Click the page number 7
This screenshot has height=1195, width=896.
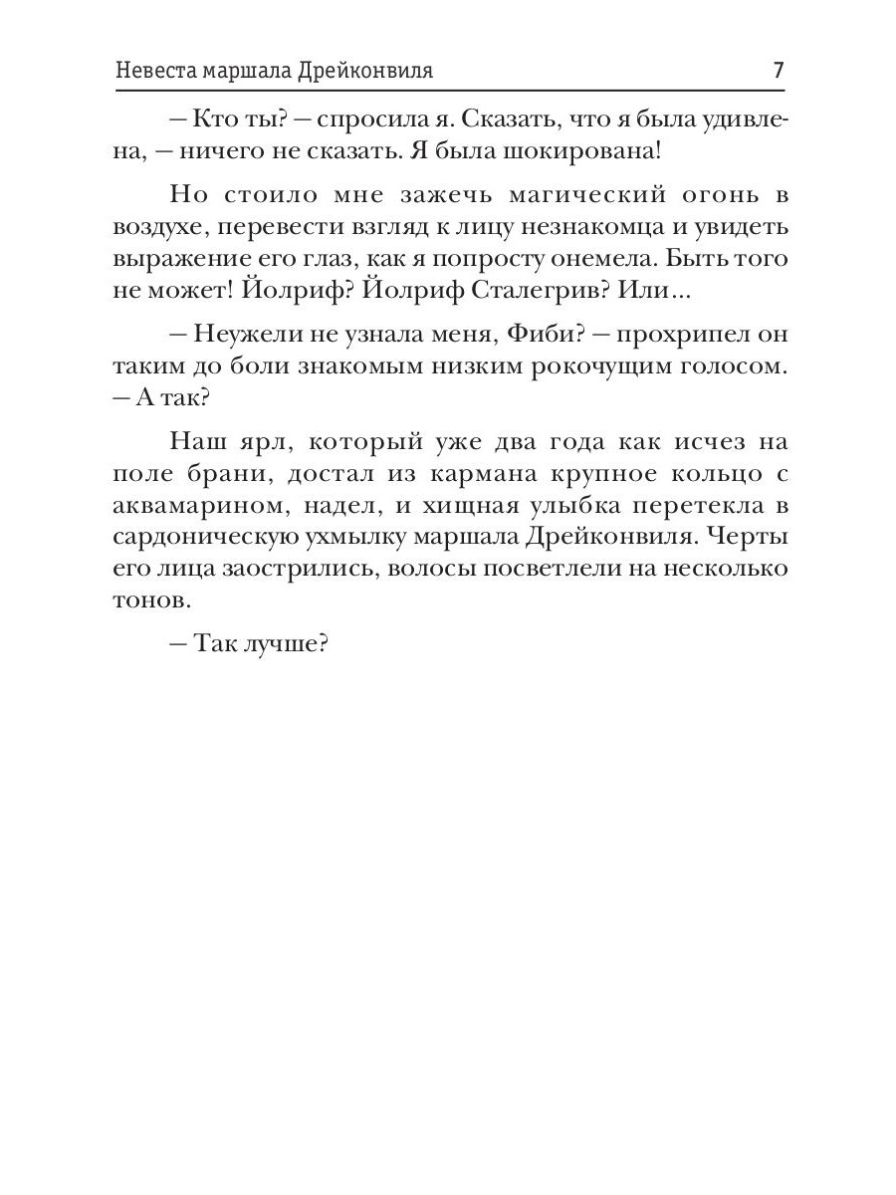[779, 72]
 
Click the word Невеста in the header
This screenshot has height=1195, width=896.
[152, 73]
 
